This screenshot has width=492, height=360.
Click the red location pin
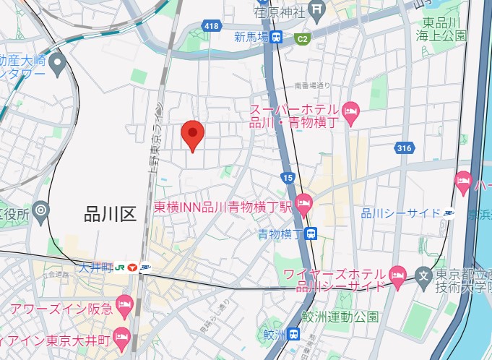(192, 134)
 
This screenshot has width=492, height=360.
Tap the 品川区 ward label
(111, 213)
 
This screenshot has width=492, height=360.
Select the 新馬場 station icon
(277, 38)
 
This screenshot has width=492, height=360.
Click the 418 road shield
(211, 27)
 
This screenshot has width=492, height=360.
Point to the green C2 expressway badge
(302, 38)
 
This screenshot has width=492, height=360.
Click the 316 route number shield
(404, 148)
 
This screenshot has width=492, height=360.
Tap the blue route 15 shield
(288, 177)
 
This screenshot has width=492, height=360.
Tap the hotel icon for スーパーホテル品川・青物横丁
(350, 110)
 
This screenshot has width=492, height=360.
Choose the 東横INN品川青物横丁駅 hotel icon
(304, 205)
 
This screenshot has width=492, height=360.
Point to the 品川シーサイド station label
(402, 213)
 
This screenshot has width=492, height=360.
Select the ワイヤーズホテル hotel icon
(397, 275)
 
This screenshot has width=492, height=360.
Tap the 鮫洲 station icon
(294, 333)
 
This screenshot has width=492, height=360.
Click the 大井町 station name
(98, 267)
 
